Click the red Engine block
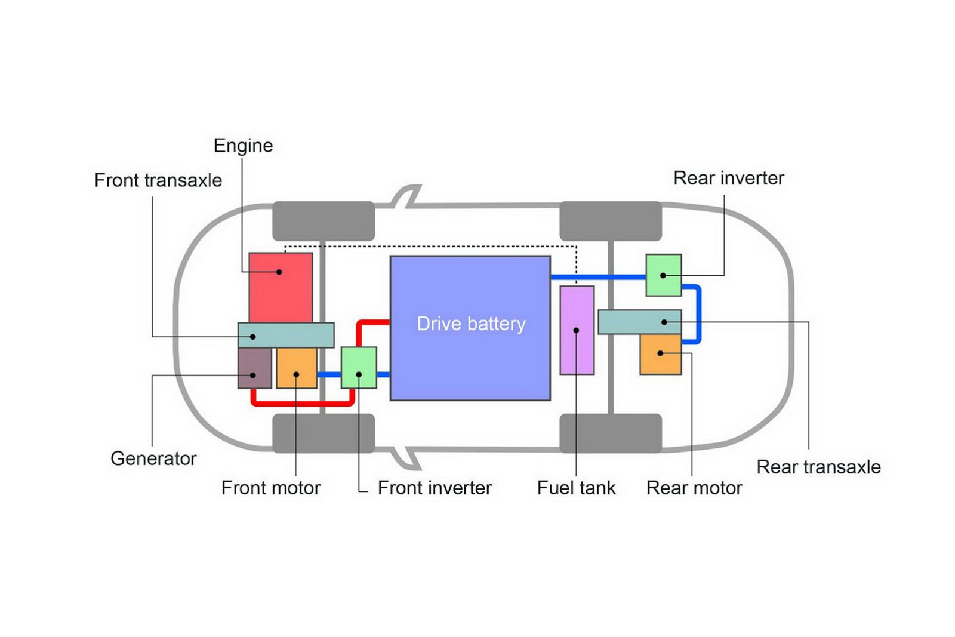pyautogui.click(x=281, y=287)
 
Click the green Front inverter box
pyautogui.click(x=359, y=367)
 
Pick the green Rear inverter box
pyautogui.click(x=663, y=275)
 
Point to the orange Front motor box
pyautogui.click(x=296, y=368)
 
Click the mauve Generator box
pyautogui.click(x=254, y=368)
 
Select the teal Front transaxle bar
pyautogui.click(x=286, y=335)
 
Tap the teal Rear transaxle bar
pyautogui.click(x=639, y=322)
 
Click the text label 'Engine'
pyautogui.click(x=243, y=146)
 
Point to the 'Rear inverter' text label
pyautogui.click(x=728, y=178)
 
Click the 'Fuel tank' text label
pyautogui.click(x=576, y=488)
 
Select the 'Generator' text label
pyautogui.click(x=153, y=458)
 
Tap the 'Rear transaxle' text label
pyautogui.click(x=818, y=467)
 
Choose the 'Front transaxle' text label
pyautogui.click(x=158, y=180)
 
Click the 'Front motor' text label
pyautogui.click(x=271, y=488)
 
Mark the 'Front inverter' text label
pyautogui.click(x=435, y=488)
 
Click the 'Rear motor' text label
pyautogui.click(x=694, y=488)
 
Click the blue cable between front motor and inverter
pyautogui.click(x=329, y=375)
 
